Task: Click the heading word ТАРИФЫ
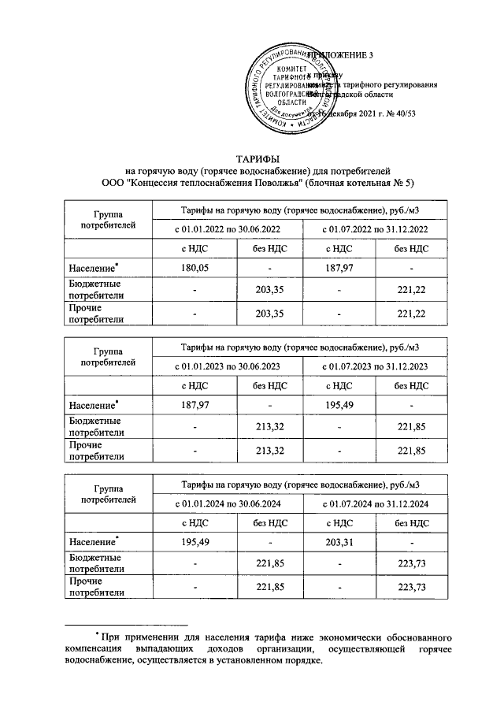click(254, 159)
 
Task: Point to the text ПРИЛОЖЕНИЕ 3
click(341, 54)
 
